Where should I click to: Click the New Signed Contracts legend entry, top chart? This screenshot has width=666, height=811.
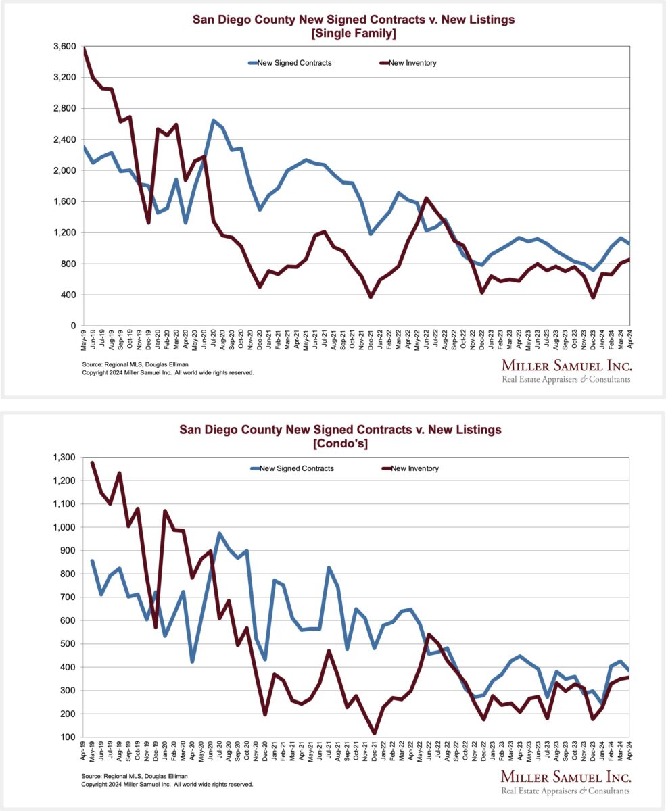click(x=290, y=63)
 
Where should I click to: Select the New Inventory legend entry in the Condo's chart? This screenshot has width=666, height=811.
click(x=409, y=468)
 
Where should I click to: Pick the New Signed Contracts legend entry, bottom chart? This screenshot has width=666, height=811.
click(x=291, y=468)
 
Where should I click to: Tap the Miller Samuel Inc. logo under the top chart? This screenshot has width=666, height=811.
click(x=565, y=371)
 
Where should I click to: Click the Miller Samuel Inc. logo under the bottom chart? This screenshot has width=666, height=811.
click(x=565, y=782)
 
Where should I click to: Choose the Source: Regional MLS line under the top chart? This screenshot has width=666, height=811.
click(x=133, y=364)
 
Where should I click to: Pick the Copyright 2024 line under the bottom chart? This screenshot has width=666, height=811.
click(x=168, y=784)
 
